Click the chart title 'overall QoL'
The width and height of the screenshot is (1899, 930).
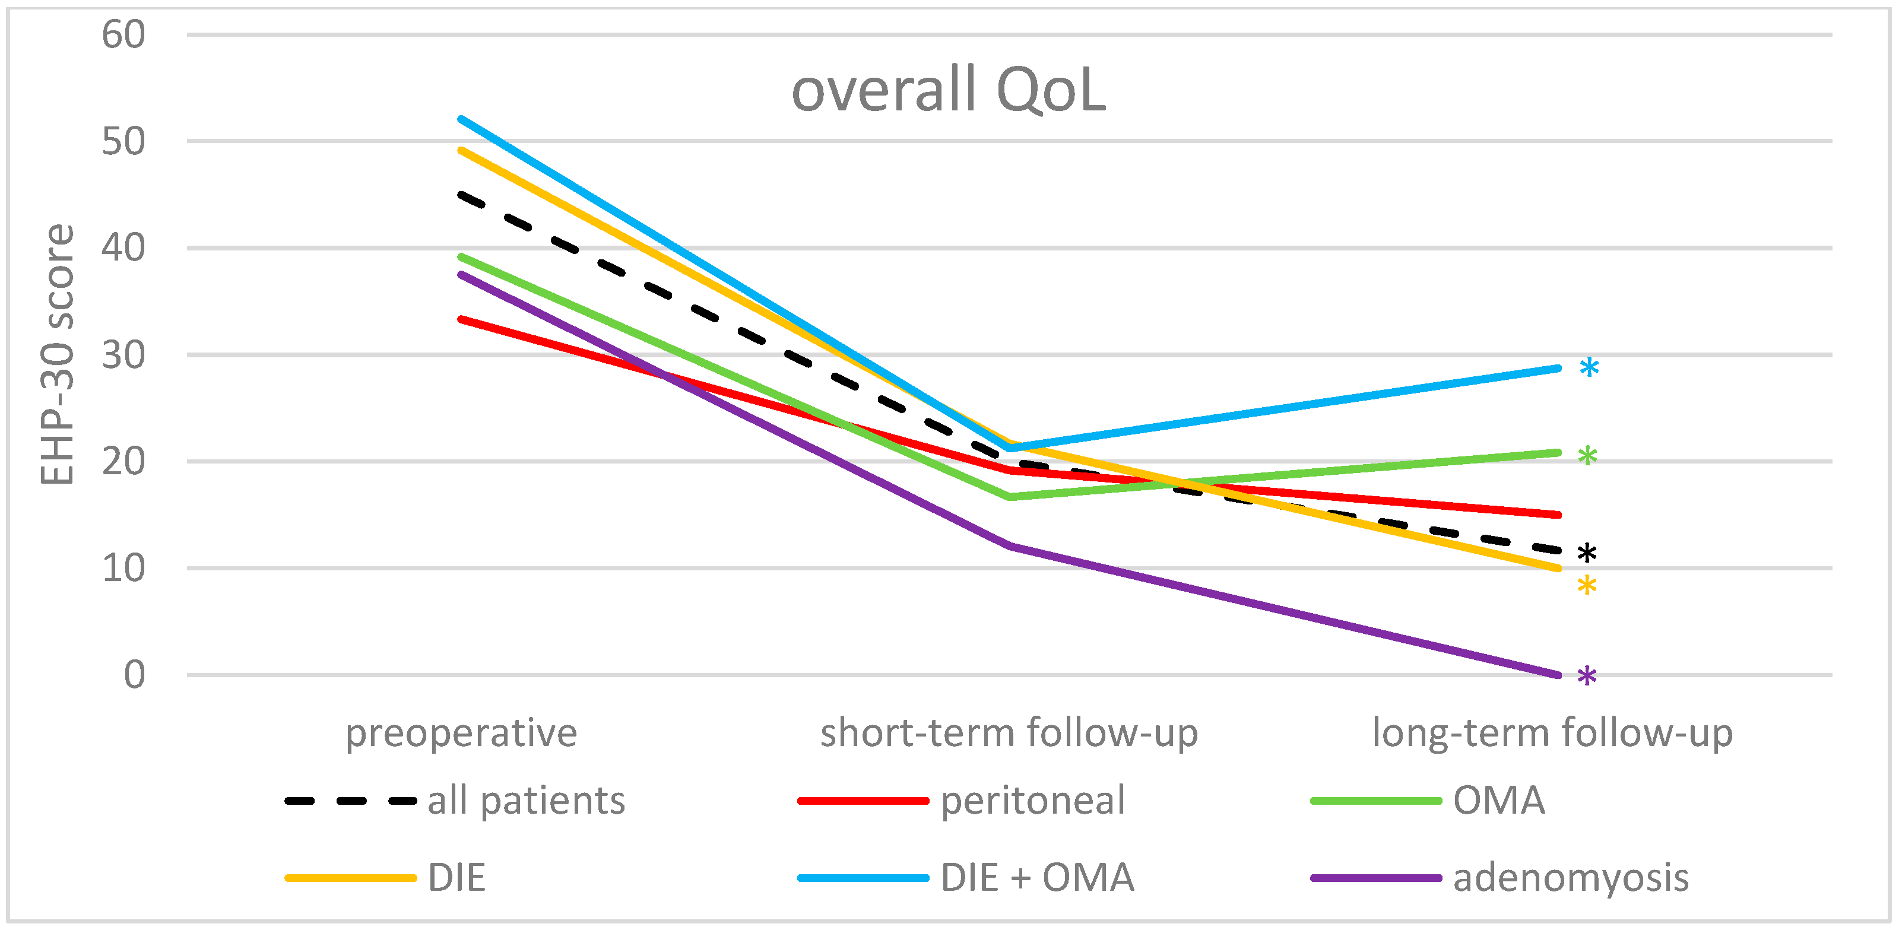tap(949, 90)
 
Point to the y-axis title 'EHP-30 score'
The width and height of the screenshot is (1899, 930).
tap(57, 354)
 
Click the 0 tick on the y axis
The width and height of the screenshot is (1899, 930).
tap(135, 674)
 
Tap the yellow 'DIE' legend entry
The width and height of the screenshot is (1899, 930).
tap(385, 878)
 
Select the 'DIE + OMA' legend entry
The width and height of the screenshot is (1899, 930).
tap(966, 878)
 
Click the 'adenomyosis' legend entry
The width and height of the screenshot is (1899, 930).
tap(1500, 878)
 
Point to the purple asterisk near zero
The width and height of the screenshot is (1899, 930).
tap(1587, 676)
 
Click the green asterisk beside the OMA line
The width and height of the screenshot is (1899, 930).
tap(1588, 456)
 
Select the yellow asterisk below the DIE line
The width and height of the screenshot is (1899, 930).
tap(1587, 586)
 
